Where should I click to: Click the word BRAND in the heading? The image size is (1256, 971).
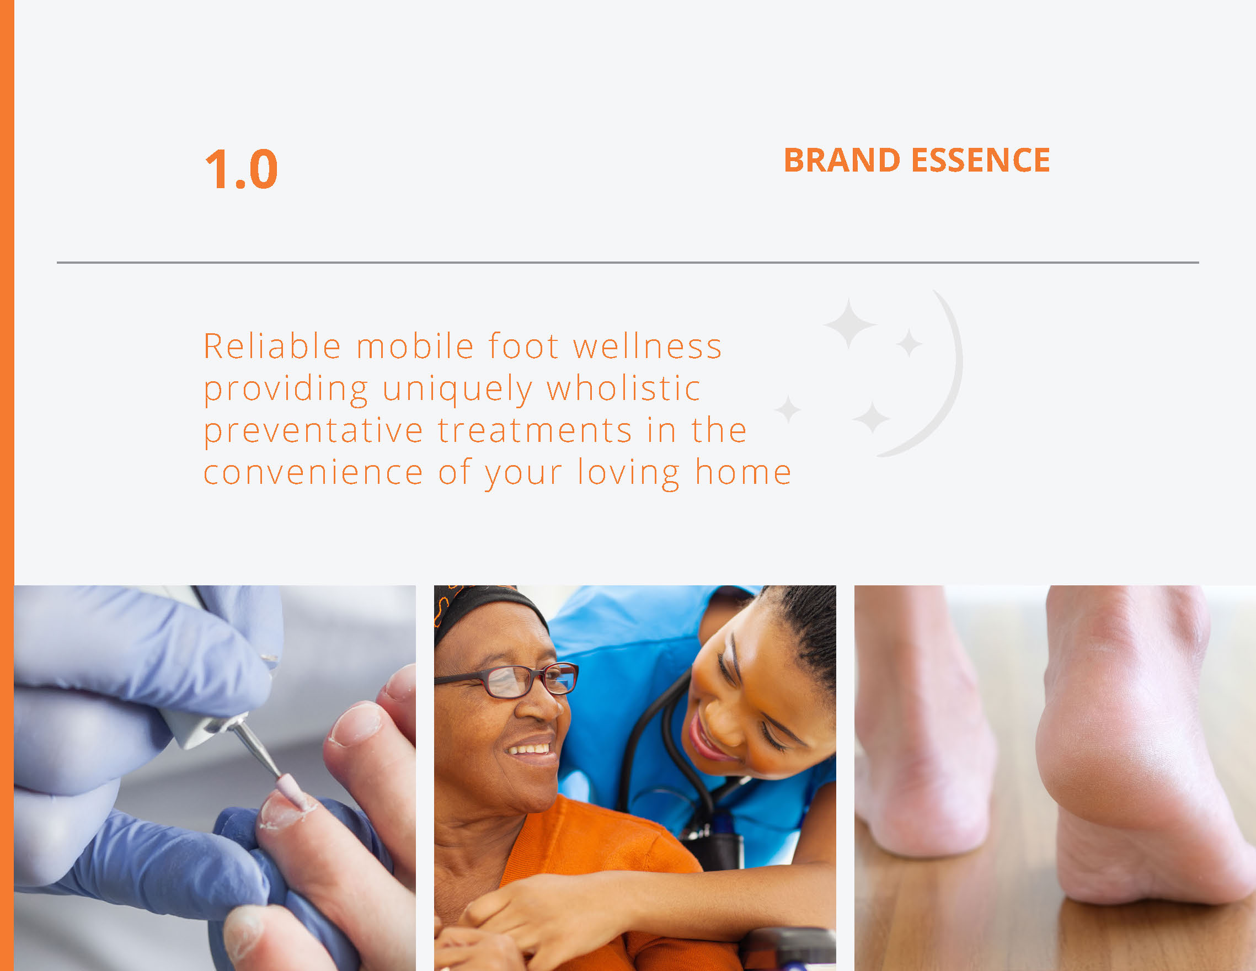pyautogui.click(x=842, y=160)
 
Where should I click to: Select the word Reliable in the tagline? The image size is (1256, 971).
pyautogui.click(x=272, y=346)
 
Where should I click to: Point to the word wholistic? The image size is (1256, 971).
pyautogui.click(x=623, y=388)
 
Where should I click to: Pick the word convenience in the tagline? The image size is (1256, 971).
pyautogui.click(x=313, y=473)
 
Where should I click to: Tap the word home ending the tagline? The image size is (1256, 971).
pyautogui.click(x=743, y=472)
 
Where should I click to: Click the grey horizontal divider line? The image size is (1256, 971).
pyautogui.click(x=628, y=262)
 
